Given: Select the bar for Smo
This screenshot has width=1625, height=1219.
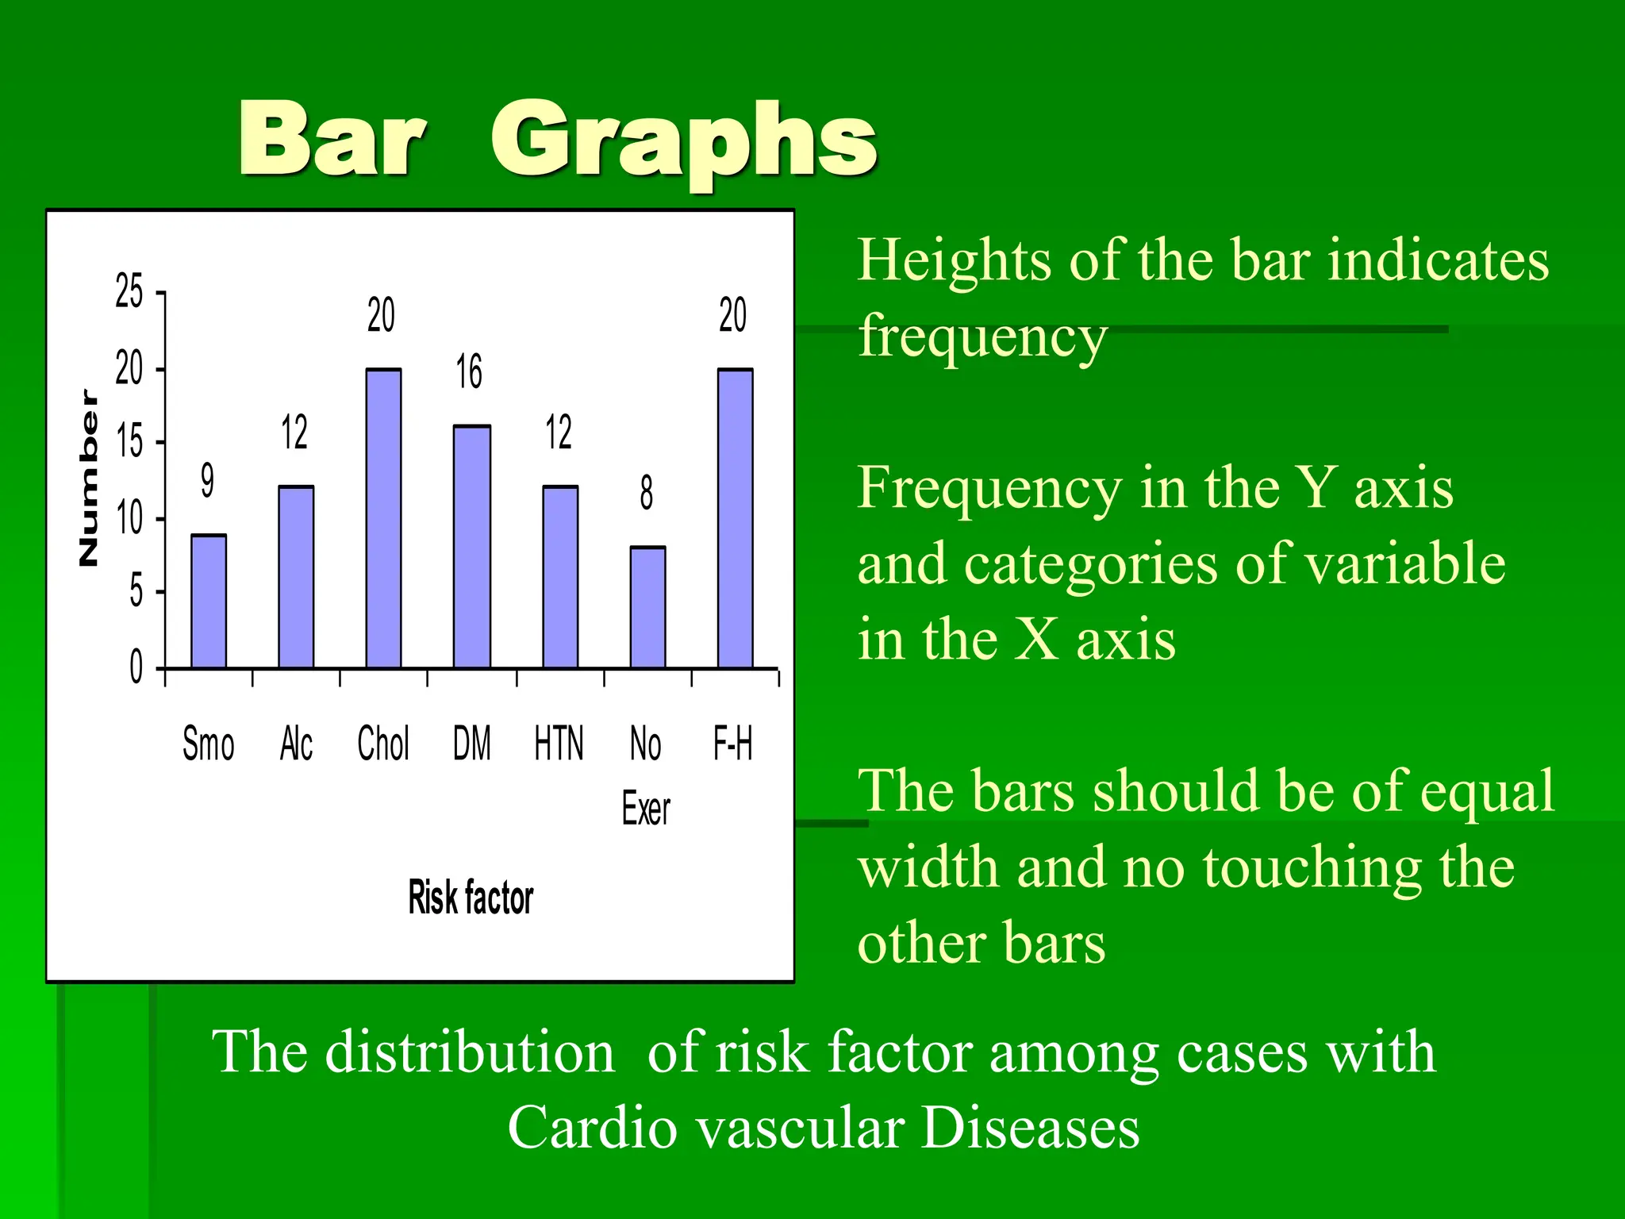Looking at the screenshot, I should coord(209,602).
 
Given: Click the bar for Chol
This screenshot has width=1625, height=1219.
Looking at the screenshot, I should coord(383,518).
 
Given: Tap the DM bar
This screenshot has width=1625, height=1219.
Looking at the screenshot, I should coord(471,547).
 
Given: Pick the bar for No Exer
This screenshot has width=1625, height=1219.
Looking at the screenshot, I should coord(647,607).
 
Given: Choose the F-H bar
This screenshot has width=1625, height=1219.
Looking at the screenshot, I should coord(735,518).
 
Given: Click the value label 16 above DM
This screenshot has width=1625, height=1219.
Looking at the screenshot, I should coord(469,371).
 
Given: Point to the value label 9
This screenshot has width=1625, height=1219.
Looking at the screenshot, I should coord(207,480).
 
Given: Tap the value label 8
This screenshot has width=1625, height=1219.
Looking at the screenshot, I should coord(647,493).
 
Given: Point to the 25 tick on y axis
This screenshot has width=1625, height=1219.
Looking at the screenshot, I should coord(129,291).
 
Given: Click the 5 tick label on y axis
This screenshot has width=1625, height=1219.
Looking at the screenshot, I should coord(136,592).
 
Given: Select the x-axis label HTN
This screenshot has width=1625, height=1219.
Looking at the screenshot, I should coord(559,744).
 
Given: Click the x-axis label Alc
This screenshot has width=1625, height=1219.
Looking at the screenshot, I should coord(296,744).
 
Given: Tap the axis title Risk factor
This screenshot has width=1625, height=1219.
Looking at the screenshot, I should coord(471,898).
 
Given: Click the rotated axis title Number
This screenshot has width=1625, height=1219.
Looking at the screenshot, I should coord(90,478).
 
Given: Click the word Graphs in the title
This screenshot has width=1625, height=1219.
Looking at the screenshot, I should coord(683,141).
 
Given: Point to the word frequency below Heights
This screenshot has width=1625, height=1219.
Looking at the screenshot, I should coord(982,337).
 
